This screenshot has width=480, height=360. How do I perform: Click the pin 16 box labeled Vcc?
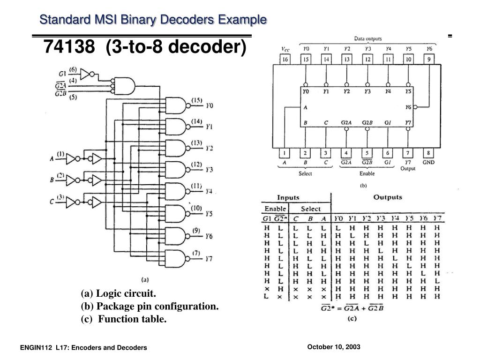[x=285, y=60]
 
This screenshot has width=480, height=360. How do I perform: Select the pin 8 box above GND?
[x=428, y=153]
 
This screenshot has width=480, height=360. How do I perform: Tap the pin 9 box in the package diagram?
[x=428, y=60]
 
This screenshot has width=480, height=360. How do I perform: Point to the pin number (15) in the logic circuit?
[x=196, y=100]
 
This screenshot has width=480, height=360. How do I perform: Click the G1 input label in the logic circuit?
[x=62, y=74]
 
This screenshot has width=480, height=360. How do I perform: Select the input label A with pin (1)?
[x=52, y=158]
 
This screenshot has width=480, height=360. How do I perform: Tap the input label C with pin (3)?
[x=52, y=202]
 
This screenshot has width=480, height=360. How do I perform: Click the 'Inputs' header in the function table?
[x=288, y=198]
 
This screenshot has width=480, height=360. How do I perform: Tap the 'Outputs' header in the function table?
[x=387, y=197]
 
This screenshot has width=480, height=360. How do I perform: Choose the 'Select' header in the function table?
[x=310, y=209]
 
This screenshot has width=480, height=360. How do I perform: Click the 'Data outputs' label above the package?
[x=367, y=39]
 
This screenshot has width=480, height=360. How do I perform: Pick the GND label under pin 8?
[x=428, y=163]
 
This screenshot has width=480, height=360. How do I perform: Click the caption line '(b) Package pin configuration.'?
[x=150, y=307]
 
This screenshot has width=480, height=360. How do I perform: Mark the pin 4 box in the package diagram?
[x=346, y=153]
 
